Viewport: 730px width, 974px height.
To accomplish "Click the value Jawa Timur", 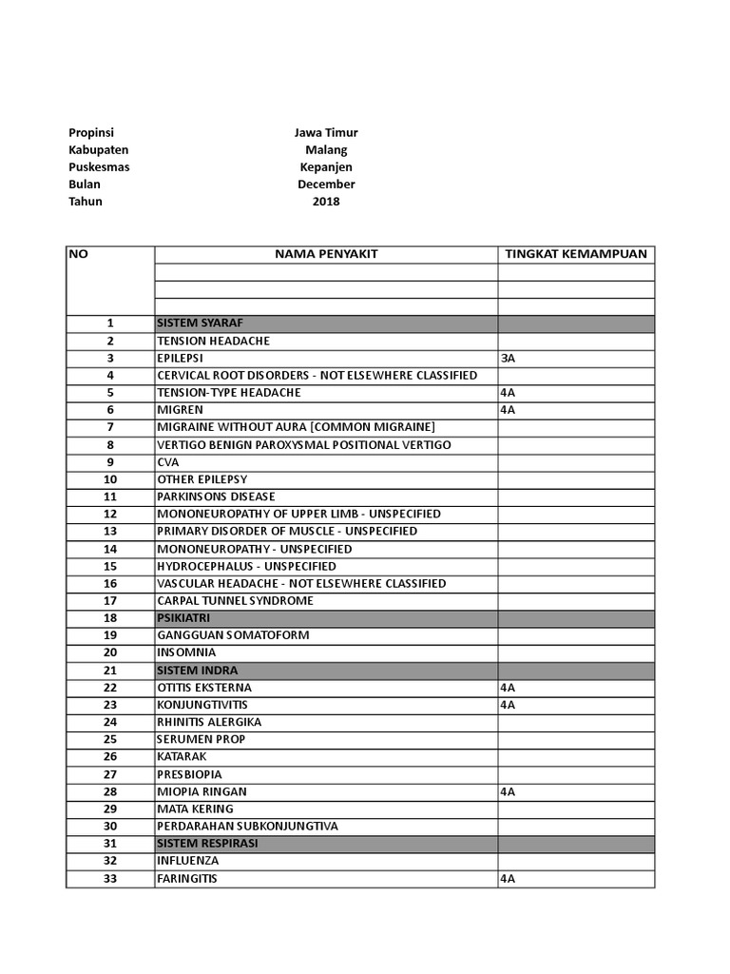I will click(x=325, y=133).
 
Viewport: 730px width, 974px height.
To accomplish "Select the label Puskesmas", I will click(x=99, y=167).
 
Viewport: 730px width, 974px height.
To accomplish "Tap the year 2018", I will click(x=325, y=202).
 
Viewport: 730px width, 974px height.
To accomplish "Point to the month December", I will click(x=325, y=185).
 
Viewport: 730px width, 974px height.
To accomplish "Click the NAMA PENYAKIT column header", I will click(x=326, y=254).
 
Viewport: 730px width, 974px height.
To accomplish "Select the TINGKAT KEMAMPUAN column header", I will click(x=576, y=254).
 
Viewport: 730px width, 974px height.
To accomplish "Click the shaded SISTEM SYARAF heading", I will click(x=201, y=323).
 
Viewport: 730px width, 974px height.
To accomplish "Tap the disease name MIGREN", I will click(x=180, y=410).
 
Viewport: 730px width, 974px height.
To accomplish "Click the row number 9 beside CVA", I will click(x=110, y=462).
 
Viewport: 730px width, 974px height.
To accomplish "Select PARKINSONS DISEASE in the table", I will click(x=216, y=497).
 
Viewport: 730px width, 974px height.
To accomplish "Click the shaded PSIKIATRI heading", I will click(x=183, y=618).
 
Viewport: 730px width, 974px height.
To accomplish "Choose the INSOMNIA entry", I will click(x=186, y=653).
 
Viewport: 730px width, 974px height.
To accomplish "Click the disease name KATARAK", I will click(x=182, y=757).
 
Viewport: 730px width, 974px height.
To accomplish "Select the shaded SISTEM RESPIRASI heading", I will click(x=207, y=844).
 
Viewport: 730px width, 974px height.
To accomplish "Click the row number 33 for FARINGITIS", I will click(x=110, y=879).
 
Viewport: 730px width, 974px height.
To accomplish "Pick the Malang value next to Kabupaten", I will click(x=325, y=150).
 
